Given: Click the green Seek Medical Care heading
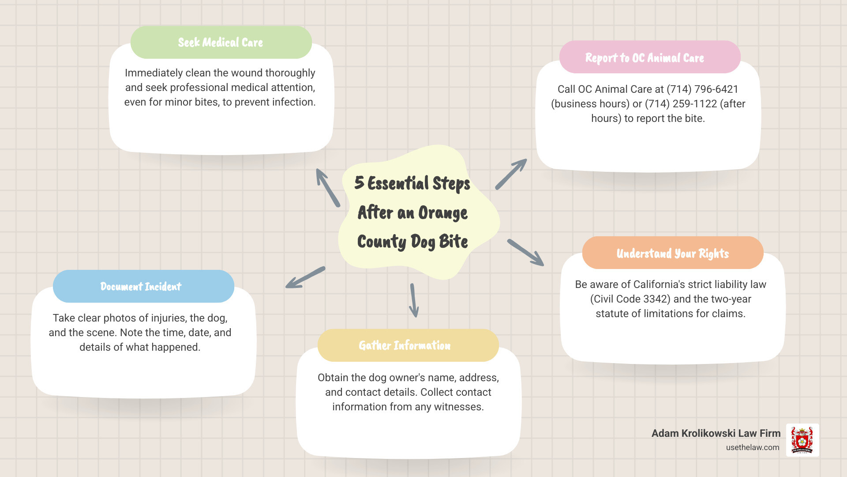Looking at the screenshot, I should [221, 42].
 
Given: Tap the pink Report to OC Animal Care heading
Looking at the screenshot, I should [645, 58].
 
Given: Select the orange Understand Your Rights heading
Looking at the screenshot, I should [672, 254].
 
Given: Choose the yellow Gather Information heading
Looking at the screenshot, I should [405, 345].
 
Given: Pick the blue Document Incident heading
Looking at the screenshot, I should [141, 287].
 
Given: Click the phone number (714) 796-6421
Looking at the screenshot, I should [702, 89].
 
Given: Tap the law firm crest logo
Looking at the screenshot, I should [802, 440].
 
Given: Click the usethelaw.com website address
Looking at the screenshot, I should [753, 447].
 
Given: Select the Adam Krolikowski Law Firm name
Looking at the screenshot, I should [716, 433].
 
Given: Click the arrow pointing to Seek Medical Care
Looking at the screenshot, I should [328, 188].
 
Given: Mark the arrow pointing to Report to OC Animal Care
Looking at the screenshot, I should [511, 174].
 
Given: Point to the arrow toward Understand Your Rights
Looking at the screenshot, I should [525, 253].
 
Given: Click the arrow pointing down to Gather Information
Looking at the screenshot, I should [414, 300].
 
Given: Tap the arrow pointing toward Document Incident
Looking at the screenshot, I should [305, 278].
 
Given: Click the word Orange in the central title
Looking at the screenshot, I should [442, 213].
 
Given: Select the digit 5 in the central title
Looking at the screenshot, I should [359, 183].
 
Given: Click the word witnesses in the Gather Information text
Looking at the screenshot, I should [459, 407].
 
